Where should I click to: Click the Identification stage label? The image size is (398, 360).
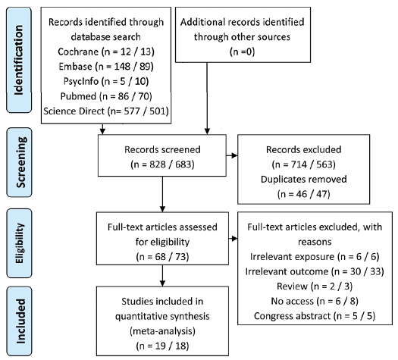(x=19, y=60)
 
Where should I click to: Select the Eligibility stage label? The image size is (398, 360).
(x=19, y=243)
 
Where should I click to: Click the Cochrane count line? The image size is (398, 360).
(x=106, y=52)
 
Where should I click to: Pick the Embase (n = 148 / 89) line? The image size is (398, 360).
(x=106, y=67)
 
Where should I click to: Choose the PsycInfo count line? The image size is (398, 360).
(x=106, y=81)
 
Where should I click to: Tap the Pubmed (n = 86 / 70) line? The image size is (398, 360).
(x=106, y=96)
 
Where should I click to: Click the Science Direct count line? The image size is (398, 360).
(x=106, y=111)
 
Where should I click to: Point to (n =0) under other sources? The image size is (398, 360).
(x=242, y=52)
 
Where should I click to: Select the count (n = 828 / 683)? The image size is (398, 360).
(x=162, y=164)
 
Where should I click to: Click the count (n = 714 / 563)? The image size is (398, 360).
(x=303, y=164)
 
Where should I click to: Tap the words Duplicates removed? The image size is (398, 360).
(x=303, y=179)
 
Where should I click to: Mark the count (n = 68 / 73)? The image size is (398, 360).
(x=162, y=257)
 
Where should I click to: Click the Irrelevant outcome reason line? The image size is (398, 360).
(x=315, y=271)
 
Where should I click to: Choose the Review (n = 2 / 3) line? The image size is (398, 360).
(x=315, y=286)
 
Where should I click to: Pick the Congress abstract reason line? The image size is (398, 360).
(x=315, y=316)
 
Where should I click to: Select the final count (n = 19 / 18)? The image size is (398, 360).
(x=162, y=346)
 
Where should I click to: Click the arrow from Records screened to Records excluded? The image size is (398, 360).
(x=232, y=155)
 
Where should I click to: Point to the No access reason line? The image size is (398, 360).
(x=315, y=301)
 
